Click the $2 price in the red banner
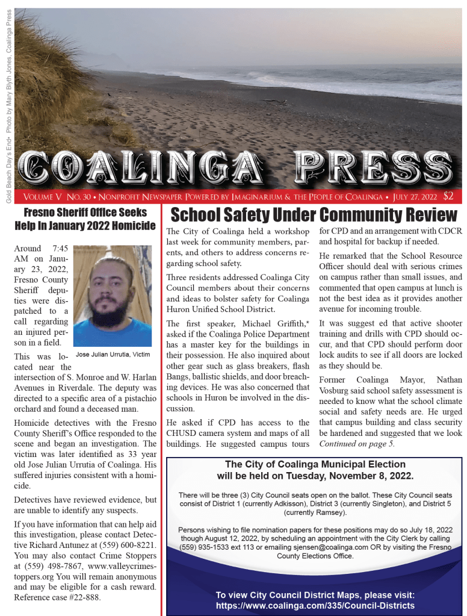(x=448, y=196)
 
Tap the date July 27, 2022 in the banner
(x=413, y=197)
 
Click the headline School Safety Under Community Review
(x=314, y=215)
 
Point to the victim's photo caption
(x=113, y=354)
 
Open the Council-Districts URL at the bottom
(x=315, y=605)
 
